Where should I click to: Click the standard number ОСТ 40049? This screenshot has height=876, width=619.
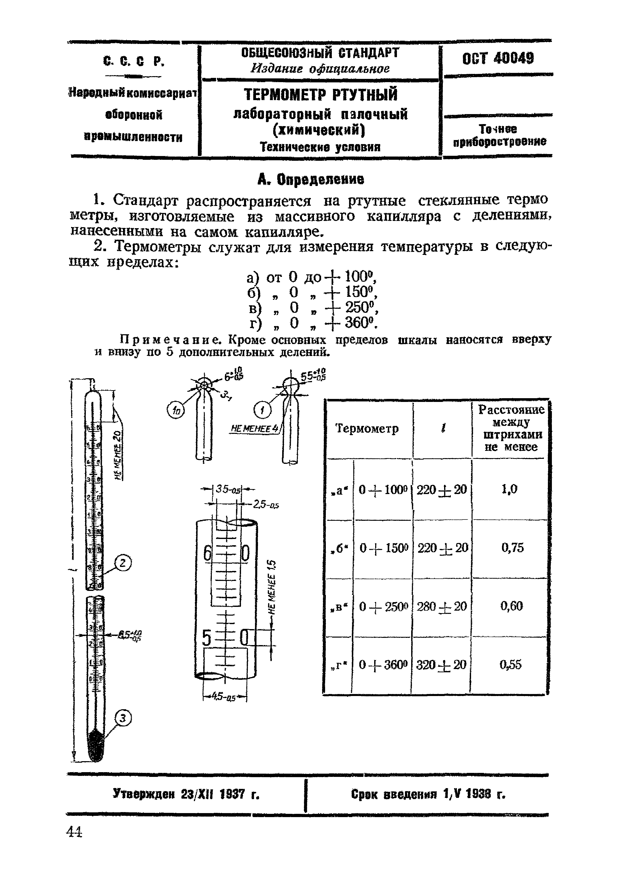tap(498, 59)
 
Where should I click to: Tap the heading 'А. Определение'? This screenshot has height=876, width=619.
tap(311, 179)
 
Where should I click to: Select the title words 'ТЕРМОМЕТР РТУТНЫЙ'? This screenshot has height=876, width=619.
tap(320, 95)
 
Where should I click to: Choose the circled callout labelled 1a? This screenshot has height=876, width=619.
tap(175, 410)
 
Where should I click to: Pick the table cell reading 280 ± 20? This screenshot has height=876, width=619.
tap(442, 606)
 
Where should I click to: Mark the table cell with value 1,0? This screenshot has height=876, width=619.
tap(509, 489)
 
